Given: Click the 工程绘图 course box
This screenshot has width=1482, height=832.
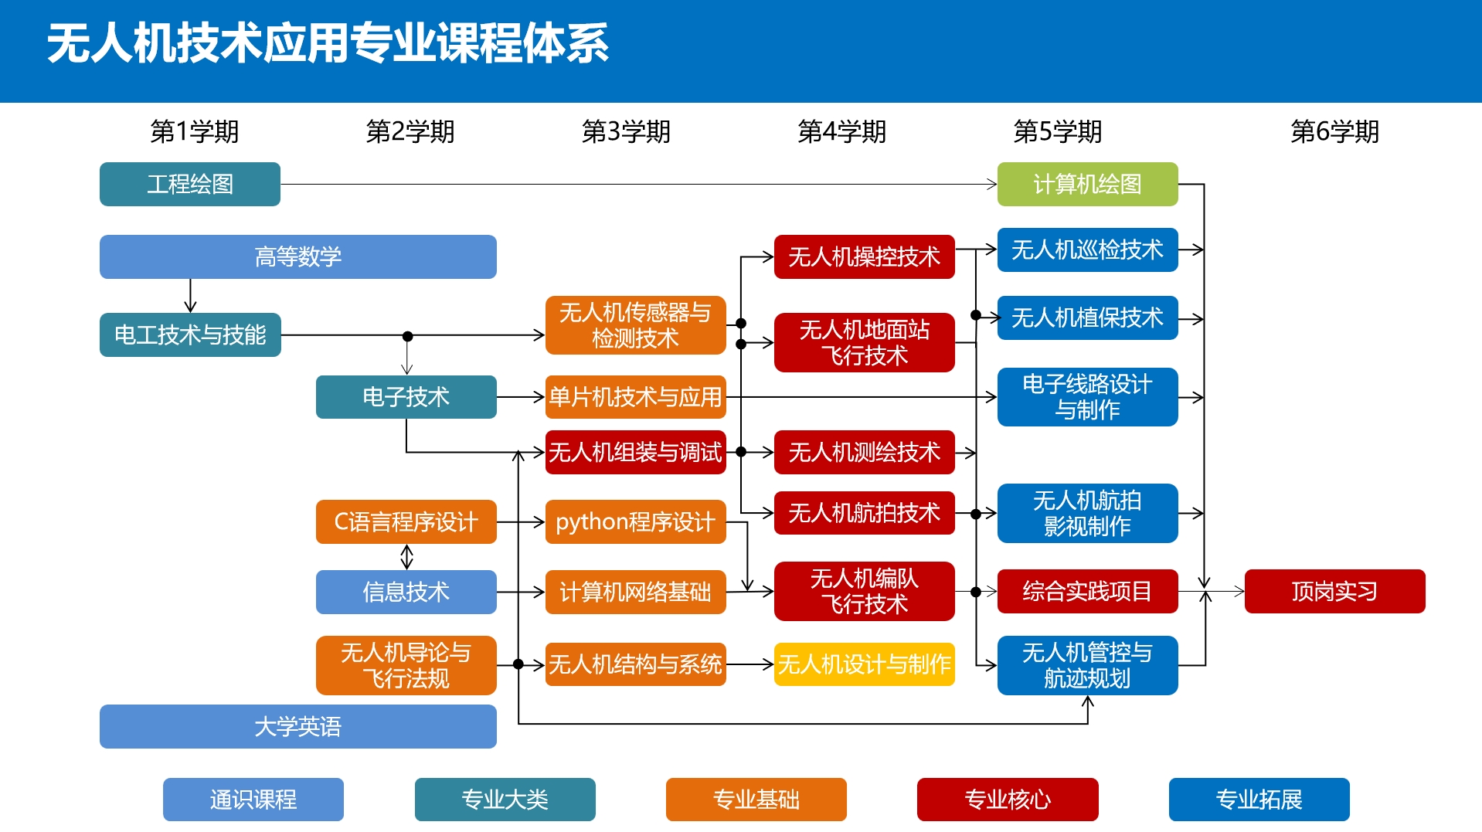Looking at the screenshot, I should point(189,184).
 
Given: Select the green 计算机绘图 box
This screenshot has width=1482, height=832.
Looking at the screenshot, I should point(1086,184).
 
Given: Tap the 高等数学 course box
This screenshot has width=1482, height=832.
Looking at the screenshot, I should point(297,256).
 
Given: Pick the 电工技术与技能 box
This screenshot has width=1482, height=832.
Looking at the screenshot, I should point(189,334).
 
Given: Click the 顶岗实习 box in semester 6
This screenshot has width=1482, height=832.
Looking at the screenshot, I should point(1334,591).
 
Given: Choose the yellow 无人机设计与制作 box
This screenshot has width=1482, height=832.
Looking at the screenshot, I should point(864,664).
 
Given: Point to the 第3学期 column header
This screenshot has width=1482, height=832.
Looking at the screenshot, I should point(626,131).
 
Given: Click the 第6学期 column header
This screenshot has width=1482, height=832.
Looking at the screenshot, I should point(1334,131).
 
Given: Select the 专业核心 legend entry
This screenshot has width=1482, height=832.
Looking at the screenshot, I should point(1007,799).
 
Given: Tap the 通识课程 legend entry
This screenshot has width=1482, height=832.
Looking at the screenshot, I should point(253,799).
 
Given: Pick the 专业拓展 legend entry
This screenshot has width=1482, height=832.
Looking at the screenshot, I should point(1258,799).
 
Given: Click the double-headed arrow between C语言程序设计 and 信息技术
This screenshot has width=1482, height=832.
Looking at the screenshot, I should point(406,556).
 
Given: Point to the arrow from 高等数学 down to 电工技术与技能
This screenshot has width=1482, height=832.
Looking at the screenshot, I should point(190,296).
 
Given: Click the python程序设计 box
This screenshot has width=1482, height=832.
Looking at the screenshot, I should point(634,521).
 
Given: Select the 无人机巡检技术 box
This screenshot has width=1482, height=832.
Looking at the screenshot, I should point(1086,250).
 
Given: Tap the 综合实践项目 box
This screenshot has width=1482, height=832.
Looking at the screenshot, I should point(1086,591).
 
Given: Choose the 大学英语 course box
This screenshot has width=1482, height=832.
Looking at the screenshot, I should point(297,726).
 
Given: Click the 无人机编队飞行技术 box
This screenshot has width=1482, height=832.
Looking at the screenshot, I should point(864,591).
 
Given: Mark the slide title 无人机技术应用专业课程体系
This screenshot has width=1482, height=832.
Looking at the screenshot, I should point(328,43).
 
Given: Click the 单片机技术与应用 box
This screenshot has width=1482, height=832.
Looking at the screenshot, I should point(634,396).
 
